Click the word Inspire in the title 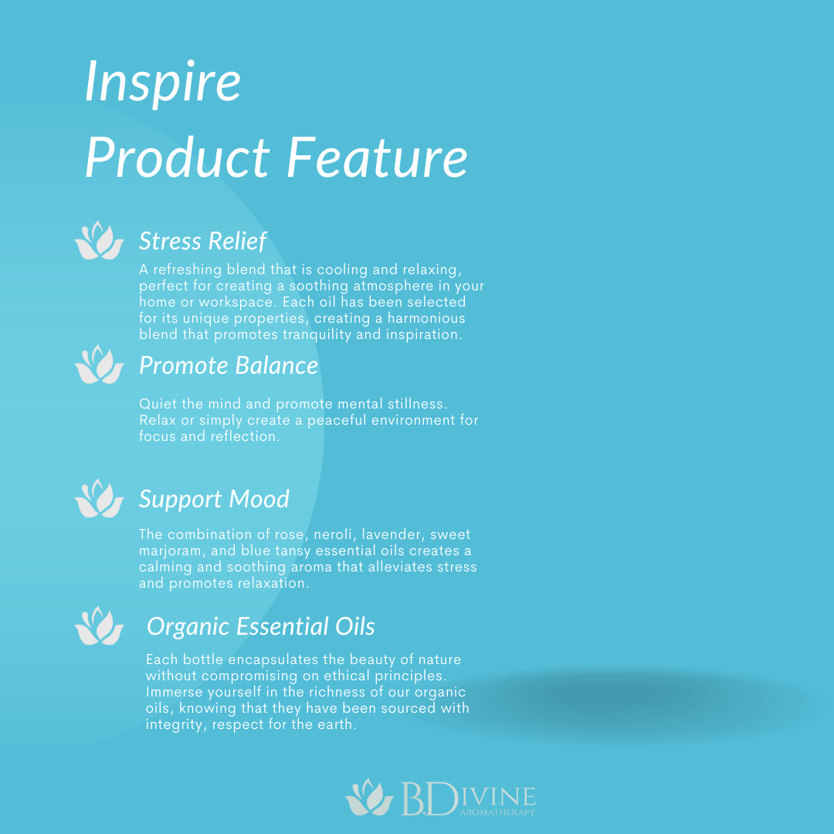point(163,83)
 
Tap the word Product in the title point(177,158)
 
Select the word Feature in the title point(377,158)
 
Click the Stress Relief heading point(202,241)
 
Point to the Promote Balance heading point(229,365)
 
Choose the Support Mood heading point(214,500)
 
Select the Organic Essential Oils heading point(261,626)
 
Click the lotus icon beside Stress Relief point(100,241)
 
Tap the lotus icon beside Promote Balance point(100,364)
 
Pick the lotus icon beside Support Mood point(100,499)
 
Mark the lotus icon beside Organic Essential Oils point(100,626)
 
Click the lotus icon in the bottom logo point(370,797)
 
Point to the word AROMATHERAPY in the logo point(497,812)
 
